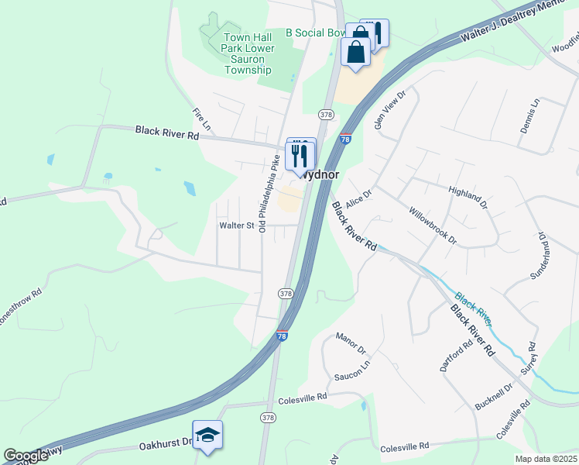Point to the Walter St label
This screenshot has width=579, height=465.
237,226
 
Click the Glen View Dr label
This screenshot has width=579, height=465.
389,112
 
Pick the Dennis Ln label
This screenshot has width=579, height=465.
529,115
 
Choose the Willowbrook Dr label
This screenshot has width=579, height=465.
433,226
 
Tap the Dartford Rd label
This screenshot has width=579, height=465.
456,356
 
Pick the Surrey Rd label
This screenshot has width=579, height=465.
526,356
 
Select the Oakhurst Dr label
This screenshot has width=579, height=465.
165,444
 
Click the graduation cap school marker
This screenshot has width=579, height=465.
207,435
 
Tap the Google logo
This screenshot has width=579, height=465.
26,456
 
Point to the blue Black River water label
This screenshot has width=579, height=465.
473,308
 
